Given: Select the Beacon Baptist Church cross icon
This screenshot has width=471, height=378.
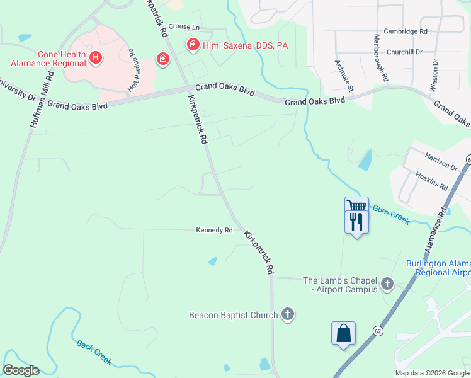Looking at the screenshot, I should coord(288,314).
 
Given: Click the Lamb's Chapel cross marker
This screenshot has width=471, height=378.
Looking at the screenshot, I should coord(387,284).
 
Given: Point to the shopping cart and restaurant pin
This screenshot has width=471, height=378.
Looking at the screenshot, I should coord(356,215).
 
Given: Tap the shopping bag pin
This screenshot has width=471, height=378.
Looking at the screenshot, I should coord(344,333).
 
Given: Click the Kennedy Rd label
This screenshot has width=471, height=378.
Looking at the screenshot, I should coord(214,231).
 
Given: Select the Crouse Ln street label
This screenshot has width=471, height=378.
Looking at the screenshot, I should coord(184,28).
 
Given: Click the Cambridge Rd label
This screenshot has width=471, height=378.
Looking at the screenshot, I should coord(406,30).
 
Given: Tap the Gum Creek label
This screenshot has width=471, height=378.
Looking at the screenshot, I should coord(391,214).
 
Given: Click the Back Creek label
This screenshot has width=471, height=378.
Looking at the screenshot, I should coord(94,352).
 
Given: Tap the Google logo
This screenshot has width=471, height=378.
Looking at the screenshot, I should coord(21,370).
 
